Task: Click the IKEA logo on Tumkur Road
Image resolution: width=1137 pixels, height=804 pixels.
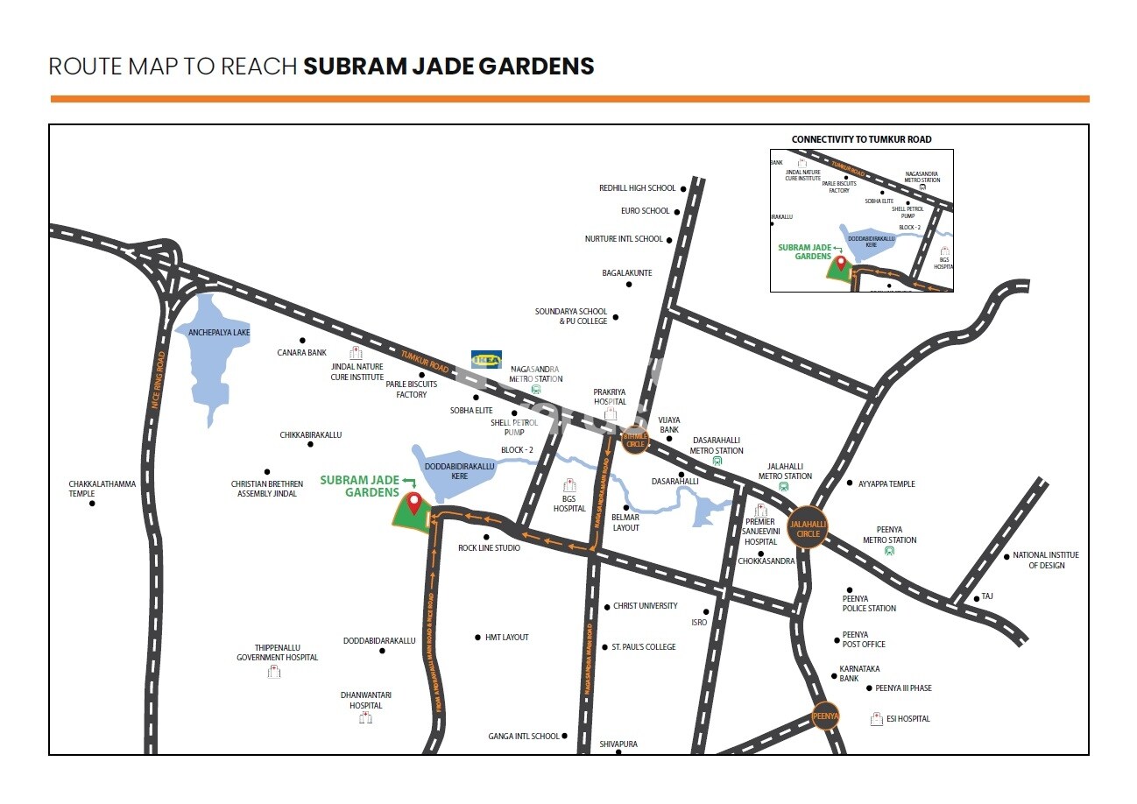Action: coord(486,359)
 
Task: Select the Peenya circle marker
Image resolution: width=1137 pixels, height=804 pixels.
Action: coord(825,716)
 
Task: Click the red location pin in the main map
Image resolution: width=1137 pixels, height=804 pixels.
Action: coord(413,502)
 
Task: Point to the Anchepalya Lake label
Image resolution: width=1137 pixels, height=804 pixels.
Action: coord(213,333)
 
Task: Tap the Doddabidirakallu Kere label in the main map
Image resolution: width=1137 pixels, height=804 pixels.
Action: coord(459,471)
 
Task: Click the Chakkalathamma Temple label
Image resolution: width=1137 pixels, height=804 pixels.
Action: coord(102,489)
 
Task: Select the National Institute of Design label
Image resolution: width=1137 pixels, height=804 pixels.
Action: coord(1046,560)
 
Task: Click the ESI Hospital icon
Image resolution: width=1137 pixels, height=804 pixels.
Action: coord(876,719)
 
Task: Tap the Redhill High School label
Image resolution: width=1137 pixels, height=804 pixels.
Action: coord(638,188)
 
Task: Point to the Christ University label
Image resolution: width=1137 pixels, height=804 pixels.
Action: coord(646,606)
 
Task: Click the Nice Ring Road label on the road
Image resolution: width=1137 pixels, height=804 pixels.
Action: coord(159,379)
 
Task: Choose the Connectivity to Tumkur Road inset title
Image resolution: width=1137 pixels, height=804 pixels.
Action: coord(861,139)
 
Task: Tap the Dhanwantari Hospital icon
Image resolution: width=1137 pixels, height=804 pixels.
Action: coord(365,718)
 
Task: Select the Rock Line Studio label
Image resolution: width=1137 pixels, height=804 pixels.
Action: coord(489,548)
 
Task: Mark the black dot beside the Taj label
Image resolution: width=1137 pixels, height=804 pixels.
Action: coord(976,599)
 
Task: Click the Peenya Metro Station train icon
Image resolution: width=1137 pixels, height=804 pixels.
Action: coord(890,551)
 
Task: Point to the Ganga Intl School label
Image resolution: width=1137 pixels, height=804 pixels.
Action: coord(524,737)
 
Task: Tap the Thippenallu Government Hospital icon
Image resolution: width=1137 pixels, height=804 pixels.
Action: coord(274,672)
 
